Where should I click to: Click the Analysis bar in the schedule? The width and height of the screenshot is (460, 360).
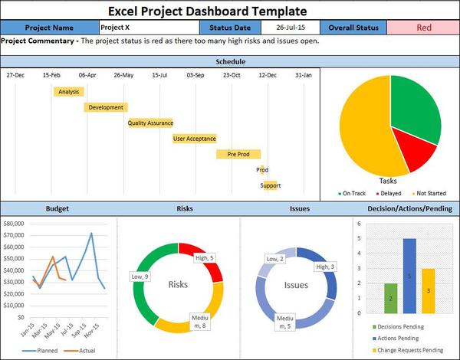click(68, 92)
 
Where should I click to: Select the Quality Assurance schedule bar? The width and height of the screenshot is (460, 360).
click(150, 123)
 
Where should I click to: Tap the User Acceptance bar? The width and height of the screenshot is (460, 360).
click(195, 139)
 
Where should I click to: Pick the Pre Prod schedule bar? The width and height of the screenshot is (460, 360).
click(238, 154)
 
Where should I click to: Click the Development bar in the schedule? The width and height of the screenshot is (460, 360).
click(106, 107)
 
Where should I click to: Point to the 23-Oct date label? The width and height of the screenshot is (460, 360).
click(231, 75)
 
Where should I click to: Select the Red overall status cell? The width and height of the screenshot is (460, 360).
click(423, 28)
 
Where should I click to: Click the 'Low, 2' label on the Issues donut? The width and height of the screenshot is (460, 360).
click(270, 260)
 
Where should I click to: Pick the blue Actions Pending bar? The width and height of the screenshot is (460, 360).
click(409, 276)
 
